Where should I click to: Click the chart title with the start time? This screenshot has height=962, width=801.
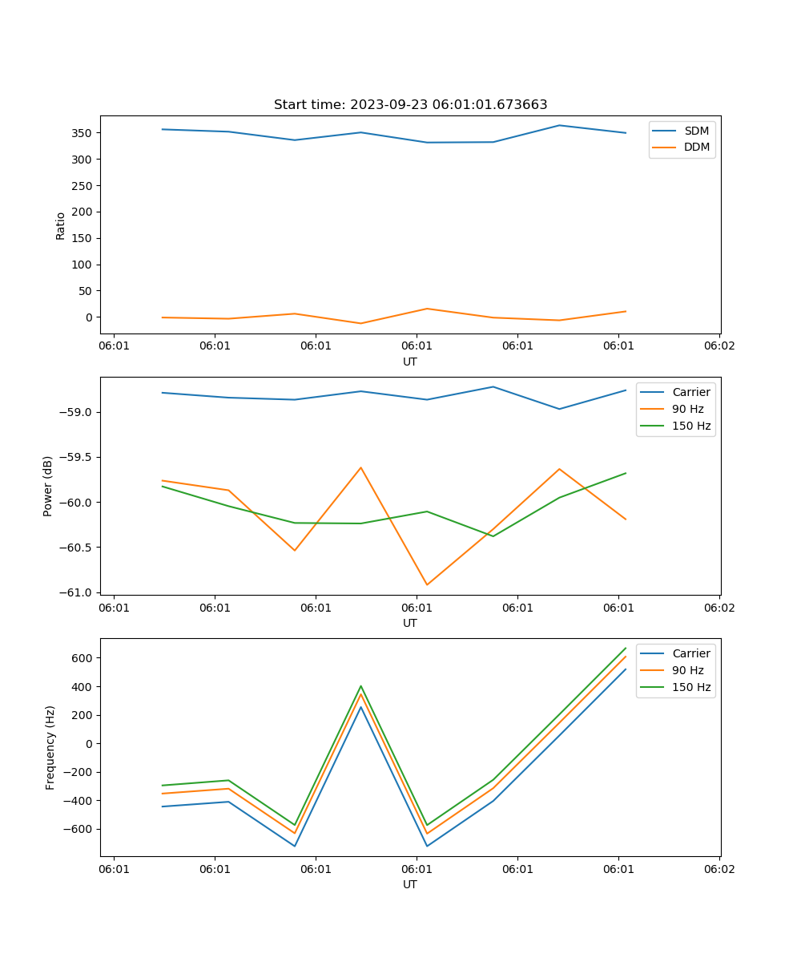[410, 105]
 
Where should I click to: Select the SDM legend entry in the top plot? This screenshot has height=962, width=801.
[696, 131]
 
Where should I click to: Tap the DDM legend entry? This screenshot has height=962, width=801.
[696, 147]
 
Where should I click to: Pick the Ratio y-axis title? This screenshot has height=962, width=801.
[61, 225]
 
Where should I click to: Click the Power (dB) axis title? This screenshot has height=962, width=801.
[48, 486]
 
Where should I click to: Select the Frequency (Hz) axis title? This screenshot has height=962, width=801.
[50, 747]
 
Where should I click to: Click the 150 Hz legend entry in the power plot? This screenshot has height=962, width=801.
[691, 426]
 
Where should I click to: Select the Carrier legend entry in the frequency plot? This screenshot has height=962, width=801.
[690, 653]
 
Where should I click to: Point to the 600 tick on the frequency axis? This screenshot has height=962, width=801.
[82, 658]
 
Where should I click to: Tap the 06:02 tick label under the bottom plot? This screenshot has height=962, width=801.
[718, 869]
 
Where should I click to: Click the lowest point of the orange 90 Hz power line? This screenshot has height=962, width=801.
[427, 584]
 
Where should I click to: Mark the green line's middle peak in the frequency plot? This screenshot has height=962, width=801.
[360, 686]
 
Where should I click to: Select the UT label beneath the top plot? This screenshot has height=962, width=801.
[410, 362]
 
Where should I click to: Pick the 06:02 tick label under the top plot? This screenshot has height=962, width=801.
[718, 346]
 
